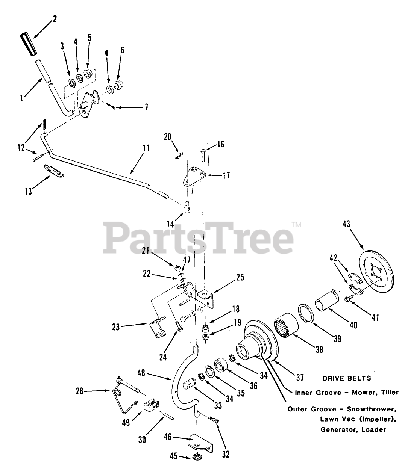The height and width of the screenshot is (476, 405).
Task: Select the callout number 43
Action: tap(346, 224)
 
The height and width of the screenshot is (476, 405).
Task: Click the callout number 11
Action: tap(146, 148)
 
